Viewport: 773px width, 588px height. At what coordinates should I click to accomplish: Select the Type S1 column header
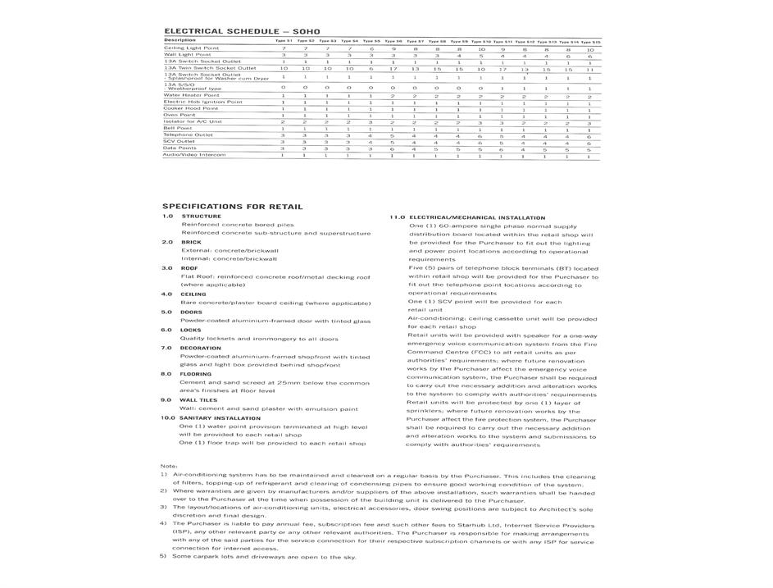click(x=284, y=41)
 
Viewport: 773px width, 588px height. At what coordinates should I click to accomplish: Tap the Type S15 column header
click(x=590, y=41)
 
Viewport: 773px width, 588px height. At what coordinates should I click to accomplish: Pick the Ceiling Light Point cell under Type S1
click(x=284, y=49)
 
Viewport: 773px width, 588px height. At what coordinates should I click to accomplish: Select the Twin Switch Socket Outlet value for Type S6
click(x=393, y=69)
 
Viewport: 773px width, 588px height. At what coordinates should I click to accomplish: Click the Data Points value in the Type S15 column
click(x=589, y=148)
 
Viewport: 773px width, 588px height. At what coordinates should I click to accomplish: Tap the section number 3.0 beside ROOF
click(x=166, y=268)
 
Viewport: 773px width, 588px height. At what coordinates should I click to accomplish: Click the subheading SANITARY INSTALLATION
click(x=220, y=418)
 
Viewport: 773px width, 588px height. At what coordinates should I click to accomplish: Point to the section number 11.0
click(x=397, y=217)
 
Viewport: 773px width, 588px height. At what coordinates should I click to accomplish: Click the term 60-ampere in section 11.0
click(x=454, y=226)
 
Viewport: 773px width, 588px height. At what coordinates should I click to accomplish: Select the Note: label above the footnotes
click(x=169, y=466)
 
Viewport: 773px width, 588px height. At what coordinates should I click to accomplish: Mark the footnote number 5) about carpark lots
click(x=163, y=557)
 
